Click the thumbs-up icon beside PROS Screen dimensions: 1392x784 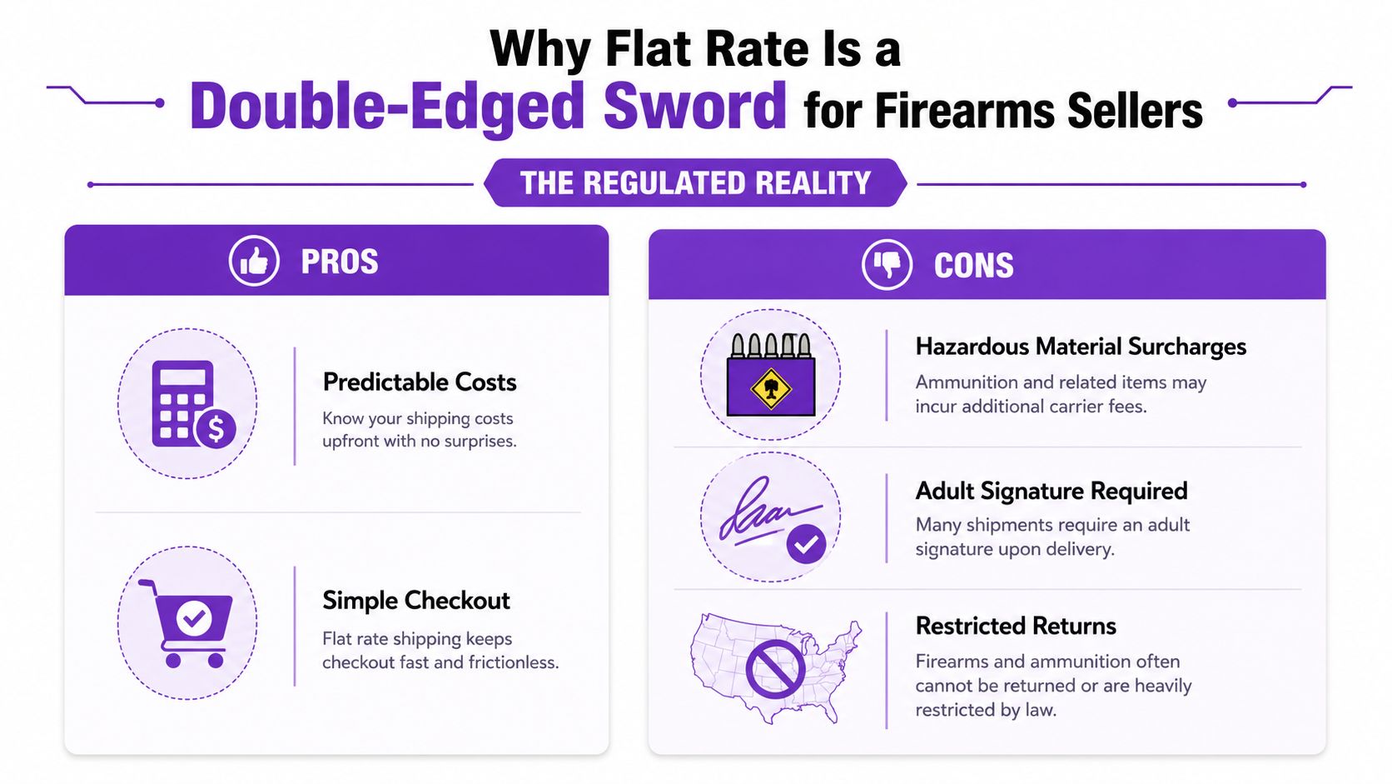coord(254,261)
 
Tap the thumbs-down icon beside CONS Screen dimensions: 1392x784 coord(887,265)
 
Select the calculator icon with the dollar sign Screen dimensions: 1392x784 coord(194,404)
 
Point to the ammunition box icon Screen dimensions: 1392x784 coord(771,374)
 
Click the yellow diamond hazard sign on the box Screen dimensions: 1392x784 coord(771,389)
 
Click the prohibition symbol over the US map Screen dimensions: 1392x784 coord(776,670)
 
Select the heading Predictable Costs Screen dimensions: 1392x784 coord(420,382)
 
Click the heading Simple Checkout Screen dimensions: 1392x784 coord(416,601)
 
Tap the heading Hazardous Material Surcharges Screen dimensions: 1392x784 coord(1081,347)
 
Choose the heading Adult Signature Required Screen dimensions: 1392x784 coord(1051,492)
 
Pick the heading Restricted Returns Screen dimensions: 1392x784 coord(1016,626)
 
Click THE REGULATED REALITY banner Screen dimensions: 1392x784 coord(695,182)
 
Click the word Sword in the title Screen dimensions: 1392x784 coord(695,106)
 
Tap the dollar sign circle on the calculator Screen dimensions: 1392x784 coord(215,428)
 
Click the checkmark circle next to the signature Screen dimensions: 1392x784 coord(806,544)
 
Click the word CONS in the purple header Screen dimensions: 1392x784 coord(974,266)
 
